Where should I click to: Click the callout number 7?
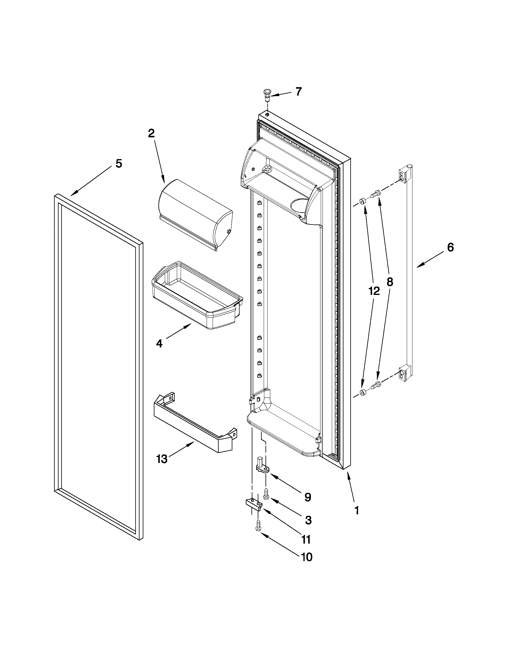tap(298, 91)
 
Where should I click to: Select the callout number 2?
tap(151, 133)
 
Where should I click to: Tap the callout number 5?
tap(119, 164)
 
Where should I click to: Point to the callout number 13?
tap(162, 459)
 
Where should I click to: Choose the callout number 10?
tap(307, 557)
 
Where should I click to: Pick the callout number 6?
tap(450, 247)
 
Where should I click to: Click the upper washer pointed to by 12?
tap(363, 201)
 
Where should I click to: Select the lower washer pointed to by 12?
tap(363, 392)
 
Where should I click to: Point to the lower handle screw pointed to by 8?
tap(376, 384)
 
